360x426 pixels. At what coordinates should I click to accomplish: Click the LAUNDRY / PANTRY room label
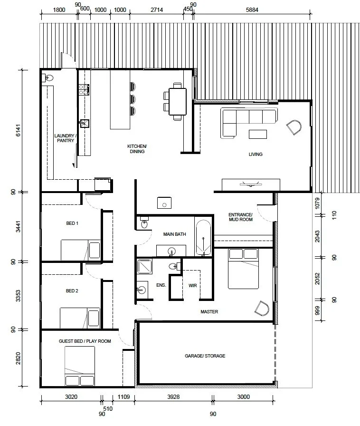click(x=65, y=138)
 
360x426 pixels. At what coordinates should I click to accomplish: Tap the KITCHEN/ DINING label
click(x=137, y=149)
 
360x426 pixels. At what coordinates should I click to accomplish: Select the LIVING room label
click(x=256, y=154)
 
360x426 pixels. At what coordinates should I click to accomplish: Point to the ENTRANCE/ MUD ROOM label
click(x=240, y=217)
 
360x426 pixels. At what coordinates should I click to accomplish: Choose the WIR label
click(x=192, y=286)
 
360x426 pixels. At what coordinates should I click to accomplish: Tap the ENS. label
click(x=160, y=285)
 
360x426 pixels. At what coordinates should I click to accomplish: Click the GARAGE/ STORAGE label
click(x=205, y=356)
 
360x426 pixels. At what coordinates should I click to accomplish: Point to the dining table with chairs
click(x=177, y=100)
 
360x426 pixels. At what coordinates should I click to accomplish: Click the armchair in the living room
click(x=294, y=127)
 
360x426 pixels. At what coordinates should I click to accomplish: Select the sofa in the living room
click(x=247, y=122)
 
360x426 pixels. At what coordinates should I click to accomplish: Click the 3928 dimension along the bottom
click(x=174, y=397)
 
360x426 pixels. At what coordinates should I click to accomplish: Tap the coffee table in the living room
click(x=258, y=134)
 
